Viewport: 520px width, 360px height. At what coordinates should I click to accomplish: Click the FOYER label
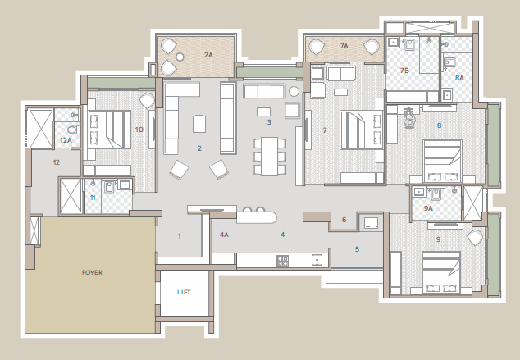92,271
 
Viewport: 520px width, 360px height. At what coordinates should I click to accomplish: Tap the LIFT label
184,292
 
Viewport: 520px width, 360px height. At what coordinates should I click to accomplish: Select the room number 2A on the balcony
208,54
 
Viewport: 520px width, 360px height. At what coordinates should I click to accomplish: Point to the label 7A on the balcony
344,47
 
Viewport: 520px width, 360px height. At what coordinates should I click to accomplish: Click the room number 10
139,129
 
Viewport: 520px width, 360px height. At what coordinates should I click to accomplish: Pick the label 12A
66,140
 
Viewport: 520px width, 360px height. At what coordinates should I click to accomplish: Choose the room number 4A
224,235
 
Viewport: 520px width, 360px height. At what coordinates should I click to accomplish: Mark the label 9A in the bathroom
428,208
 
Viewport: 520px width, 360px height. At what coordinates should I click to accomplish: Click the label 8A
459,77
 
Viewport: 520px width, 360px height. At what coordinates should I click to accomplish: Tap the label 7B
404,71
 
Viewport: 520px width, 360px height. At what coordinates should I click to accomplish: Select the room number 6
344,220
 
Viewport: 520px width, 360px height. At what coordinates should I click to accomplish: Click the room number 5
357,249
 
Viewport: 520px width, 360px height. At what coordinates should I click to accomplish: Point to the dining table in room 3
269,155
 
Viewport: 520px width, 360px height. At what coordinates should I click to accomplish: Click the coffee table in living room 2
199,124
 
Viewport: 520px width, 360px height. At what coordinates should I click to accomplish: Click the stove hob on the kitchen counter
282,261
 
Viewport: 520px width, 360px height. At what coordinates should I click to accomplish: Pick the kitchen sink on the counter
316,261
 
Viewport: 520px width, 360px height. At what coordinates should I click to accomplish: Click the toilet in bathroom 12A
72,129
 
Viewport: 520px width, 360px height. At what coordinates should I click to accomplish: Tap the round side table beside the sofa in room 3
294,91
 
